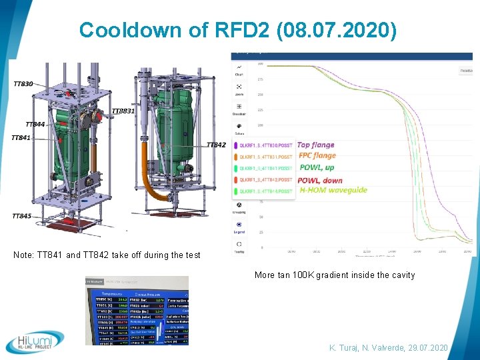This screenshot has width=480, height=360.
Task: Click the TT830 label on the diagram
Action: (x=23, y=83)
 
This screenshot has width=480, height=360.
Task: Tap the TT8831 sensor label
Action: (x=123, y=111)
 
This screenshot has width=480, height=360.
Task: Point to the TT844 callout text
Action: (x=35, y=124)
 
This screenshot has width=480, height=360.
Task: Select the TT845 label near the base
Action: (x=21, y=215)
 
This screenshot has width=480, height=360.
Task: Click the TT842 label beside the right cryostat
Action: (x=216, y=145)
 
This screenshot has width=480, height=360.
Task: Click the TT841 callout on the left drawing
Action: (x=21, y=137)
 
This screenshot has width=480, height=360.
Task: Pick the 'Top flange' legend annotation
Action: (x=315, y=145)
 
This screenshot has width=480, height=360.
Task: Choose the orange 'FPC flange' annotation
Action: (x=317, y=156)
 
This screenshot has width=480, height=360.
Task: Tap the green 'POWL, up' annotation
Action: (x=316, y=167)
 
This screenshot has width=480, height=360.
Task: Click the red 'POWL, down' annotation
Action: (x=320, y=180)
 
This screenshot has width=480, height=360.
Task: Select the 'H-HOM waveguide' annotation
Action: (x=333, y=190)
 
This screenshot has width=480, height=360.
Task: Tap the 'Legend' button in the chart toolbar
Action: (x=239, y=227)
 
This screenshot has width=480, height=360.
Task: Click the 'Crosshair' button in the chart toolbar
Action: (x=239, y=109)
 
